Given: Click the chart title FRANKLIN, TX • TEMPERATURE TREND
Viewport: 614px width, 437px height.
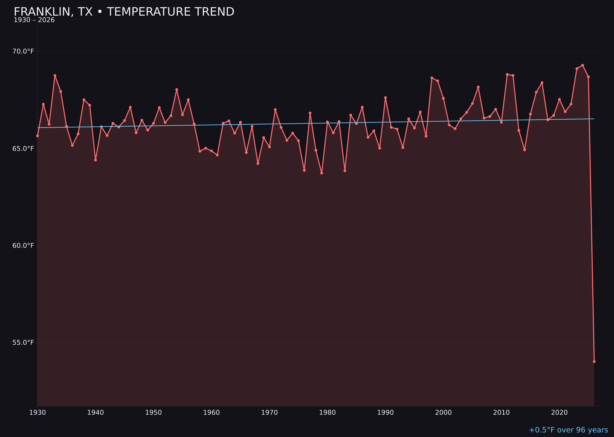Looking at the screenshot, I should click(124, 12).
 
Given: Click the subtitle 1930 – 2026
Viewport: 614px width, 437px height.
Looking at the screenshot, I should click(34, 20).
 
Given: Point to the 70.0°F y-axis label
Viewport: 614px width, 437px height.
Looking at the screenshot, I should click(23, 51).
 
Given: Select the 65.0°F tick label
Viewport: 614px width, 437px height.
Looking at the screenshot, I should click(23, 149).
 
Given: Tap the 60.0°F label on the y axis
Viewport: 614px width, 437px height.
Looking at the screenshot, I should click(23, 246).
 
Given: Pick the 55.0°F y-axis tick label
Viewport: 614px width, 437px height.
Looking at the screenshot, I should click(23, 343).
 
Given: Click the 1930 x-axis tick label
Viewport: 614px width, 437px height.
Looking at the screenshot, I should click(37, 413).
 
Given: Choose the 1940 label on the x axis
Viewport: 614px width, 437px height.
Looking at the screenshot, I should click(95, 413).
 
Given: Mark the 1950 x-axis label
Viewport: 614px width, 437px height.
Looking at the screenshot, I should click(153, 413).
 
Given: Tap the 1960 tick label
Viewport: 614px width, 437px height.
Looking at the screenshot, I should click(212, 413).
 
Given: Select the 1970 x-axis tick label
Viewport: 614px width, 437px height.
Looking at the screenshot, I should click(269, 413).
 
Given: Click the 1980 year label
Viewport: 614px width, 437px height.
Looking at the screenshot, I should click(327, 413).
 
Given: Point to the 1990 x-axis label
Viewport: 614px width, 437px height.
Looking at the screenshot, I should click(385, 413).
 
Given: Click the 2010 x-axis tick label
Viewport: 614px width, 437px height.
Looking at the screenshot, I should click(501, 413).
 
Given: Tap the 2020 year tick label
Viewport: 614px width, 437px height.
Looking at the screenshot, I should click(559, 413).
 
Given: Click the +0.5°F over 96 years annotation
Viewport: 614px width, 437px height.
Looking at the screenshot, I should click(568, 430).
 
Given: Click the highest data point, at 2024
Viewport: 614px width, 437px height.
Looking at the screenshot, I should click(583, 65).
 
